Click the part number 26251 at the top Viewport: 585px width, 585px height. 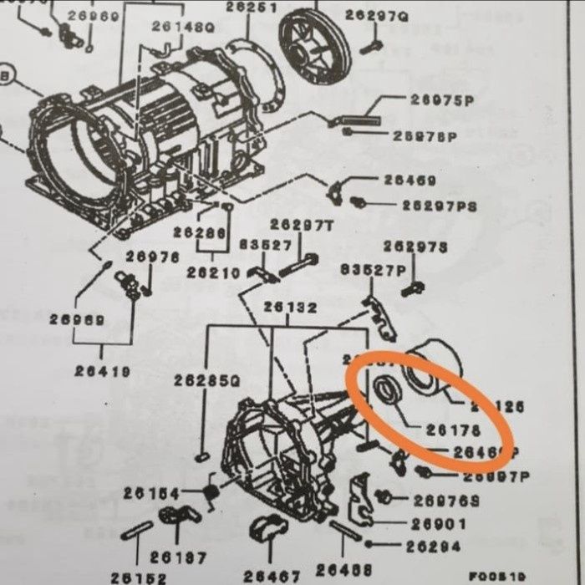tap(251, 8)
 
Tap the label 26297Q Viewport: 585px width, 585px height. tap(376, 15)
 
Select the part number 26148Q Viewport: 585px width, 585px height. tap(183, 27)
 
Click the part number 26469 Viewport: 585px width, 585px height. tap(409, 180)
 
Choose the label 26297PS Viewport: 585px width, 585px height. tap(439, 205)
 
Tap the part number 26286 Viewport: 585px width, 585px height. tap(199, 233)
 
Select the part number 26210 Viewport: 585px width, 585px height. tap(213, 272)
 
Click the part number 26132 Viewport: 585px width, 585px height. tap(290, 308)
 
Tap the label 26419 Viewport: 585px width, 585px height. tap(101, 371)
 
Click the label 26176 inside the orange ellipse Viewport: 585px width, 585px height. tap(449, 431)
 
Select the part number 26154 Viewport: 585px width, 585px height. tap(151, 494)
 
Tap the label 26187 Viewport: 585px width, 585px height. tap(178, 557)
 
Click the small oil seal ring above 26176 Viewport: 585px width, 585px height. tap(385, 390)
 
